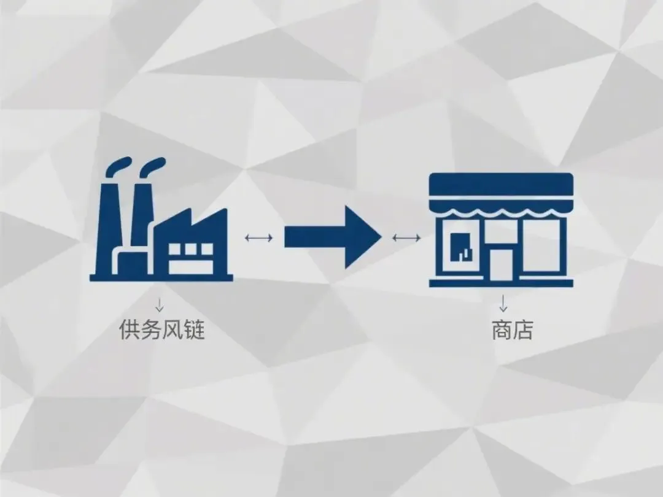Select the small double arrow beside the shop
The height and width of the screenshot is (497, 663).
pyautogui.click(x=406, y=237)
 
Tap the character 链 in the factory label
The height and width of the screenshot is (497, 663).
pyautogui.click(x=193, y=330)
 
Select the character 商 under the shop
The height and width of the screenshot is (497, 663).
pyautogui.click(x=502, y=330)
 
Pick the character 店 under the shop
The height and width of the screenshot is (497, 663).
pyautogui.click(x=523, y=330)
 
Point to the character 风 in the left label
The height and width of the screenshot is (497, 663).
pyautogui.click(x=172, y=330)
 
